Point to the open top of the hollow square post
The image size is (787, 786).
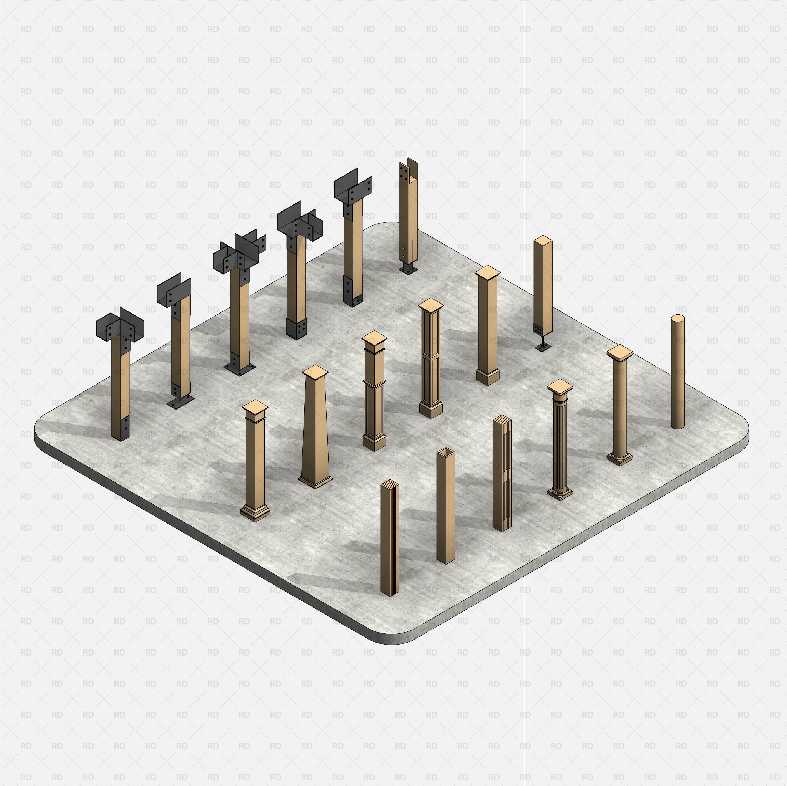pos(446,451)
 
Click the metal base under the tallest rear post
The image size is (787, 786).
pos(408,269)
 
